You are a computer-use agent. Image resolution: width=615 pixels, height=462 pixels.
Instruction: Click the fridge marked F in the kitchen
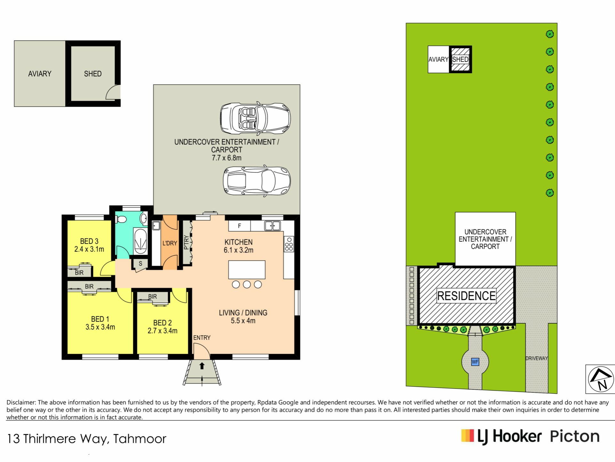[239, 226]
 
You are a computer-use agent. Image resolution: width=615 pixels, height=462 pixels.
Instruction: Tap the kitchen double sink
[272, 226]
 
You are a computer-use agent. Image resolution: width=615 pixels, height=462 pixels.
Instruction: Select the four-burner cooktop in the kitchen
[289, 244]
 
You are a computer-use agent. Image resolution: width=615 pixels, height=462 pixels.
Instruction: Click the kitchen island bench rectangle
[247, 269]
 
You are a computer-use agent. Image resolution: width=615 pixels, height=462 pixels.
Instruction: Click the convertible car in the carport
[255, 118]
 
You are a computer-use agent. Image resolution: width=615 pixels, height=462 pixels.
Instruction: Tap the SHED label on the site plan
[460, 59]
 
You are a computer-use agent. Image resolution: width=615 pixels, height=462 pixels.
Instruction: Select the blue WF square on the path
[475, 362]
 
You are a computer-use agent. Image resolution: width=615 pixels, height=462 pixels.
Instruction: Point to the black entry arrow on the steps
[202, 366]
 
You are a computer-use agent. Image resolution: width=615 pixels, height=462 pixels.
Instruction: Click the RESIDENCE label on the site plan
[466, 296]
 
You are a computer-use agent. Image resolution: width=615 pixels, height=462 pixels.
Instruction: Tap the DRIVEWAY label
[537, 358]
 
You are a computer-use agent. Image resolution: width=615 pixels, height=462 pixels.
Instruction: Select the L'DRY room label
[169, 243]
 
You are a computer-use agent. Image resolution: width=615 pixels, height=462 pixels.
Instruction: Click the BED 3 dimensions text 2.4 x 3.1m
[89, 249]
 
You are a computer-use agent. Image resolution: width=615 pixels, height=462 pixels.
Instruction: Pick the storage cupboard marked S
[140, 264]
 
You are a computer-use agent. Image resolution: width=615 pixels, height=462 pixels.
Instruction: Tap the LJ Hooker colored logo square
[467, 436]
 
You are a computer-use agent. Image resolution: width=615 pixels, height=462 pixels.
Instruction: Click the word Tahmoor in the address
[140, 439]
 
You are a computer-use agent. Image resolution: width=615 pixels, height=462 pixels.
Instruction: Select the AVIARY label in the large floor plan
[40, 74]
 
